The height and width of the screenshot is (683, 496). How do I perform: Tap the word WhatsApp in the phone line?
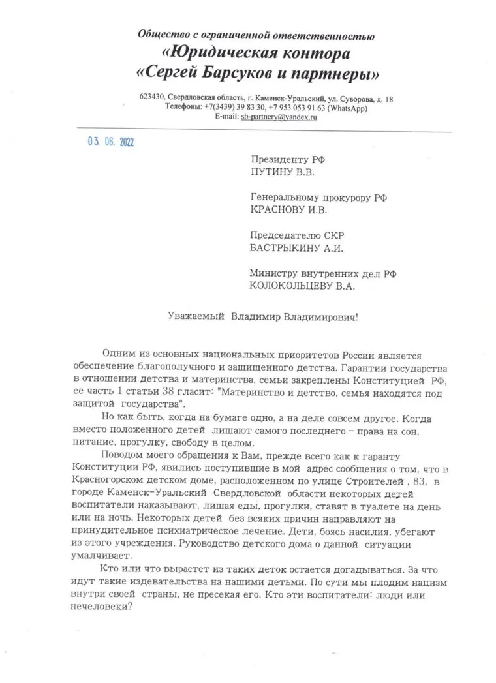tap(349, 107)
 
